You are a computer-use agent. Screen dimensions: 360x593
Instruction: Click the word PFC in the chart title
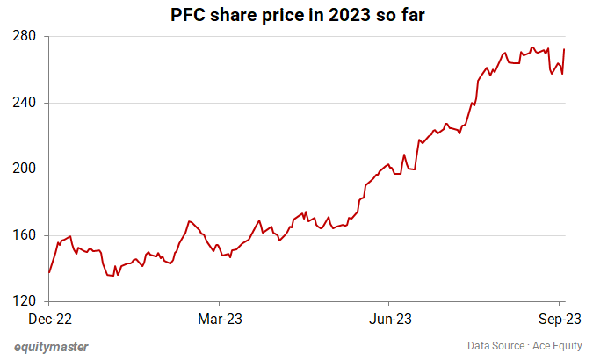coord(186,15)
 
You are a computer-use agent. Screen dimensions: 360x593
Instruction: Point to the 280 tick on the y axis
coord(24,37)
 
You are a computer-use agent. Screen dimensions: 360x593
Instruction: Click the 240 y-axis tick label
coord(24,103)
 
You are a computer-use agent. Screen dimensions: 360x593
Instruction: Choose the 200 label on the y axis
coord(24,169)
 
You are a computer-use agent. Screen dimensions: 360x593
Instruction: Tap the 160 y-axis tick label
coord(24,235)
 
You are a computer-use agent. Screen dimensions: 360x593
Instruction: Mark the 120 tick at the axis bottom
coord(24,301)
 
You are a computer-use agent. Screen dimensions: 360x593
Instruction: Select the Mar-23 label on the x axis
coord(220,318)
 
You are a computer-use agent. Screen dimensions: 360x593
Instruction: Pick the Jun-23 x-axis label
coord(389,318)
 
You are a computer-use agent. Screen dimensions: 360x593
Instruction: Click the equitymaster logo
coord(51,346)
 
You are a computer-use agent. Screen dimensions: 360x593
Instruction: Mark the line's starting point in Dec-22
coord(49,272)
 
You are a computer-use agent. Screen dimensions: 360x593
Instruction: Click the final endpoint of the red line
coord(563,49)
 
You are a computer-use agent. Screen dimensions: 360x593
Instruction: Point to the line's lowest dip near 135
coord(112,276)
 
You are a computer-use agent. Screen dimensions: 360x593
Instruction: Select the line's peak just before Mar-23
coord(189,221)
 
